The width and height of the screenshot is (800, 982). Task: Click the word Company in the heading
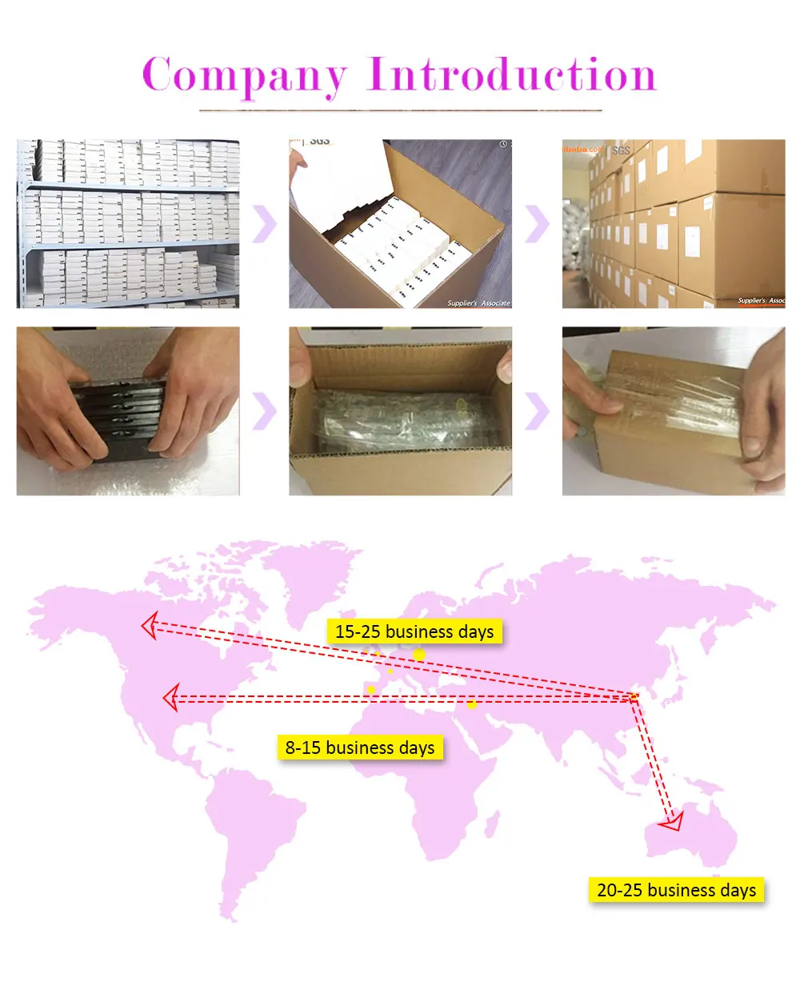[245, 77]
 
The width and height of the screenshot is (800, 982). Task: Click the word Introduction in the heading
[512, 75]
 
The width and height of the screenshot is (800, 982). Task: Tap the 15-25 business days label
[414, 631]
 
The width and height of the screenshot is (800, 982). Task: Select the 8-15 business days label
[360, 748]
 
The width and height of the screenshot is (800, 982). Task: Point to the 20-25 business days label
[676, 890]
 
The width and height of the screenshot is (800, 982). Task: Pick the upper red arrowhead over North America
[148, 625]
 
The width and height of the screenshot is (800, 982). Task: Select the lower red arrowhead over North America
[170, 699]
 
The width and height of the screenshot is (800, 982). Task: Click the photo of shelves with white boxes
[128, 224]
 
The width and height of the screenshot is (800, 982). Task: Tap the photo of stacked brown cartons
[674, 224]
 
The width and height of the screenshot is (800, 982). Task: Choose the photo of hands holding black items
[128, 411]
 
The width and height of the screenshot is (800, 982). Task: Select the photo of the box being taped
[674, 411]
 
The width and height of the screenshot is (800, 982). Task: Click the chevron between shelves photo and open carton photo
[264, 224]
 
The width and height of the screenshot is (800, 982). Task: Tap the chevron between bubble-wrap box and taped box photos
[537, 411]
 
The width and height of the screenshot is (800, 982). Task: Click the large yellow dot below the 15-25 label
[419, 655]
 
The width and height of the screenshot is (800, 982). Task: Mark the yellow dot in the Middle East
[472, 704]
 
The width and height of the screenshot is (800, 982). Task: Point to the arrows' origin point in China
[634, 697]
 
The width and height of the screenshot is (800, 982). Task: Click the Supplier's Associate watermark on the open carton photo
[478, 303]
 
